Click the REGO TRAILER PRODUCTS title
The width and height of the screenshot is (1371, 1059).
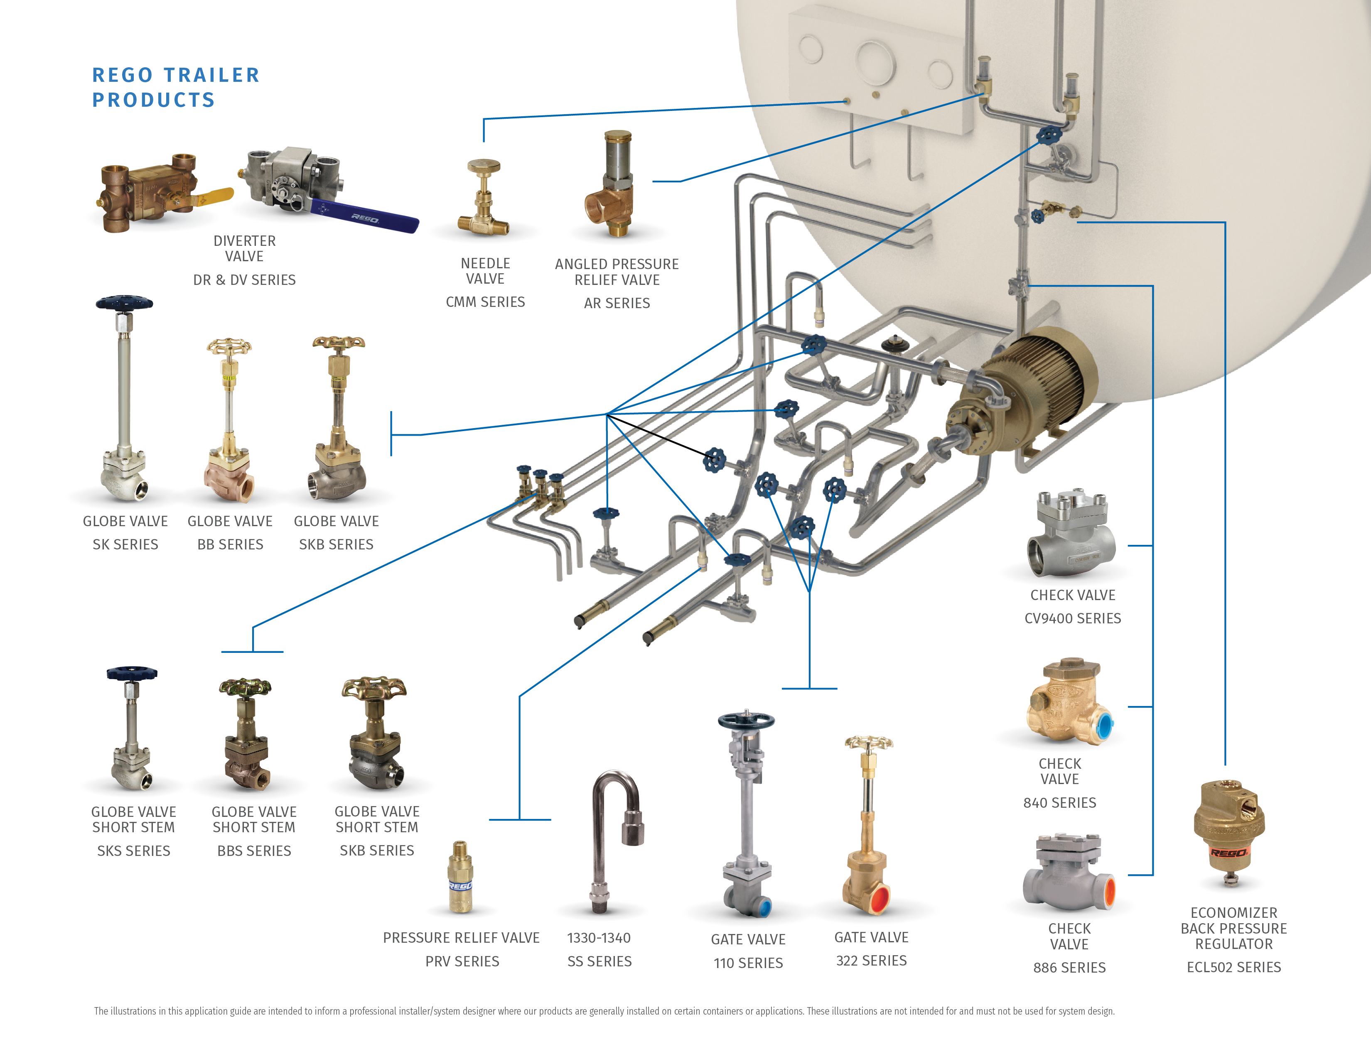pos(175,87)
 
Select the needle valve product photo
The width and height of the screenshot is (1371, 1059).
pos(483,198)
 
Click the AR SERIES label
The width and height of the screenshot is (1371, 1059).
pos(617,303)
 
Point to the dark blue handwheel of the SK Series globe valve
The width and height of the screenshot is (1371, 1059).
pos(124,303)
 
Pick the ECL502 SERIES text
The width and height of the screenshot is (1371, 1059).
pos(1233,967)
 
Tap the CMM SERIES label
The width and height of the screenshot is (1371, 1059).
pos(485,302)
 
